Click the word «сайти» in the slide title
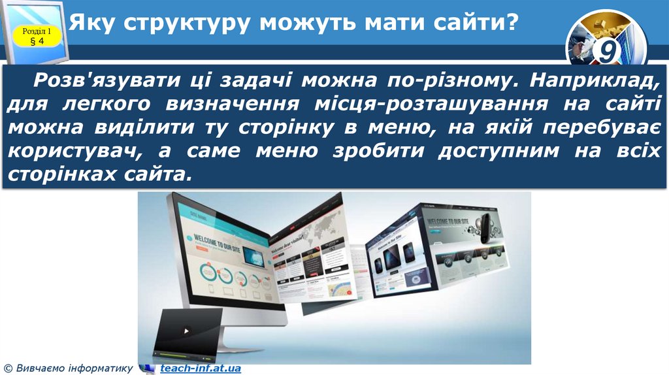point(472,24)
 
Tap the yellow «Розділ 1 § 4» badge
point(37,37)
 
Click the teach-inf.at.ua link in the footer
point(201,368)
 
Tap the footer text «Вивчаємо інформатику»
point(73,368)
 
